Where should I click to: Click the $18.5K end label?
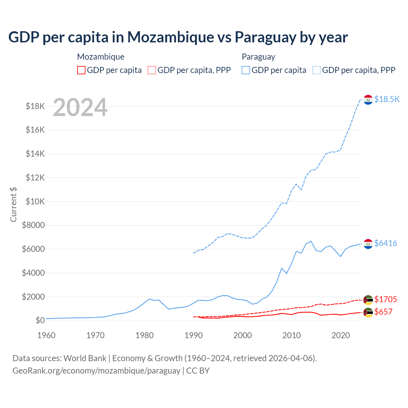(x=387, y=99)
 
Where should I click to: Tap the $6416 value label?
(x=385, y=243)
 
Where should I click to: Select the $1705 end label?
(x=385, y=299)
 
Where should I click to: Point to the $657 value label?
(x=383, y=312)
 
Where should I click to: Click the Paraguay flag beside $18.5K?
(x=368, y=100)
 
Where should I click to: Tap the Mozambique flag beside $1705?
(x=368, y=300)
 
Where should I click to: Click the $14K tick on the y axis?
(x=35, y=154)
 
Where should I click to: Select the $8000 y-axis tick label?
(x=33, y=225)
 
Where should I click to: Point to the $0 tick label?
(x=40, y=320)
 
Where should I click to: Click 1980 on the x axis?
(x=144, y=335)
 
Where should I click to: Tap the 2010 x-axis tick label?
(x=292, y=335)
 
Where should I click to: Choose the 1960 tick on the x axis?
(x=47, y=335)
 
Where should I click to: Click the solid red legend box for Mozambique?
(x=81, y=70)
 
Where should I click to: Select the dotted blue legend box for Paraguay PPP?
(x=317, y=70)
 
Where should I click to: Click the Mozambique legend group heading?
(x=101, y=57)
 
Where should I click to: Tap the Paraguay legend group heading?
(x=259, y=57)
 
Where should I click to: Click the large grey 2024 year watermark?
(x=80, y=107)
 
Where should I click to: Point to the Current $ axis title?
(x=13, y=204)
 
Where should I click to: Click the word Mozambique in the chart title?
(x=171, y=37)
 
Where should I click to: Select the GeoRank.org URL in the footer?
(x=96, y=371)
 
